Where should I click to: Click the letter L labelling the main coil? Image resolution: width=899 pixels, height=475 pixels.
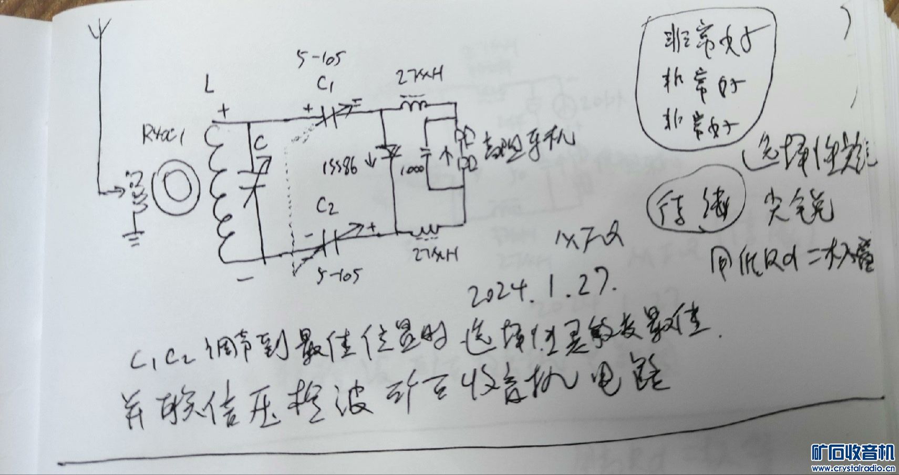click(x=210, y=86)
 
